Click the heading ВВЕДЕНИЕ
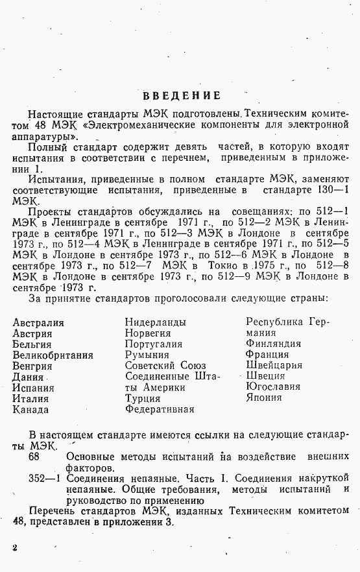coord(181,95)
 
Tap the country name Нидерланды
coord(155,322)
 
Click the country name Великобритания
coord(53,355)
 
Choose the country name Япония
coord(264,398)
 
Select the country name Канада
coord(30,409)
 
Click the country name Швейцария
coord(274,365)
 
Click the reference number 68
coord(34,457)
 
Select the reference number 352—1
coord(45,479)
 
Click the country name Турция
coord(143,398)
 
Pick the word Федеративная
coord(160,409)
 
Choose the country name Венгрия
coord(32,366)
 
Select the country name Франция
coord(267,354)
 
